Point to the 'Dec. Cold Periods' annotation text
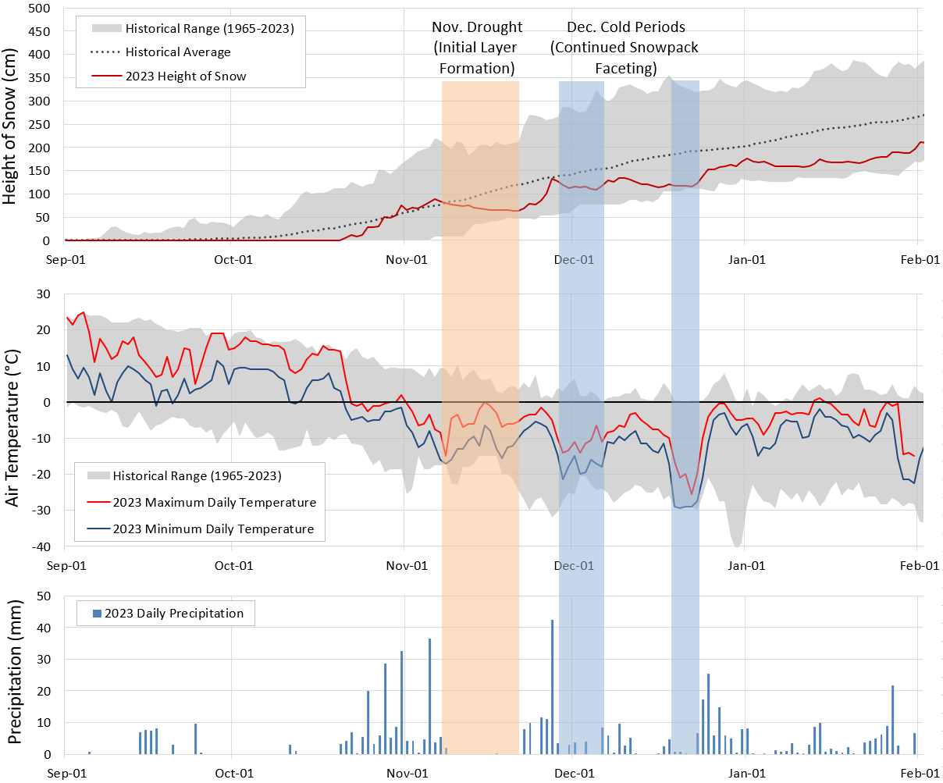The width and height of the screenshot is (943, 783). tap(626, 27)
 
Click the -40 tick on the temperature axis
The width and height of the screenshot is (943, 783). tap(41, 546)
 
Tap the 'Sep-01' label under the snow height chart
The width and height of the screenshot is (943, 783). tap(66, 259)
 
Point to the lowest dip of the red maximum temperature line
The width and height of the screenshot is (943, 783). tap(691, 493)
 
